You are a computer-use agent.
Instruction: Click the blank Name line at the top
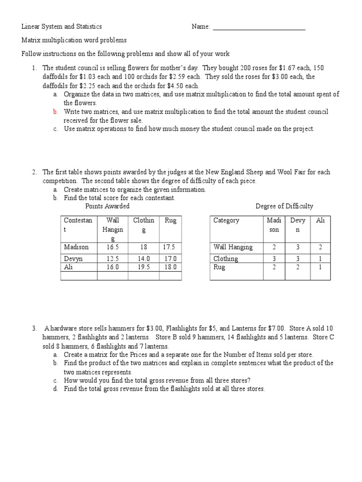(x=259, y=27)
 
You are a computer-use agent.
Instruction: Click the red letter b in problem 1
(x=55, y=112)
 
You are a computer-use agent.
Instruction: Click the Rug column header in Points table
(x=171, y=220)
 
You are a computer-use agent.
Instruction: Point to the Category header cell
(x=226, y=220)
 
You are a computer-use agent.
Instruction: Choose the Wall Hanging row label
(x=233, y=247)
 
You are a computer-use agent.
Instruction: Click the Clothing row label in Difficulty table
(x=226, y=258)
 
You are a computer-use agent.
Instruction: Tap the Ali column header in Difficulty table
(x=321, y=220)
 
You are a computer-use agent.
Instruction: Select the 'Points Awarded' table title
(x=107, y=206)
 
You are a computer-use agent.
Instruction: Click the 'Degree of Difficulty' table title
(x=284, y=206)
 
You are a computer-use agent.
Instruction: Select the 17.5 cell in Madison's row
(x=169, y=247)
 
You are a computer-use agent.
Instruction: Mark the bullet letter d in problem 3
(x=55, y=389)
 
